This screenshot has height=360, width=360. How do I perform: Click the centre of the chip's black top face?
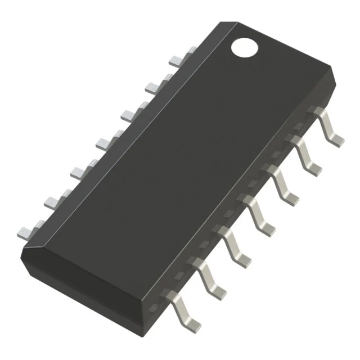pos(180,163)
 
